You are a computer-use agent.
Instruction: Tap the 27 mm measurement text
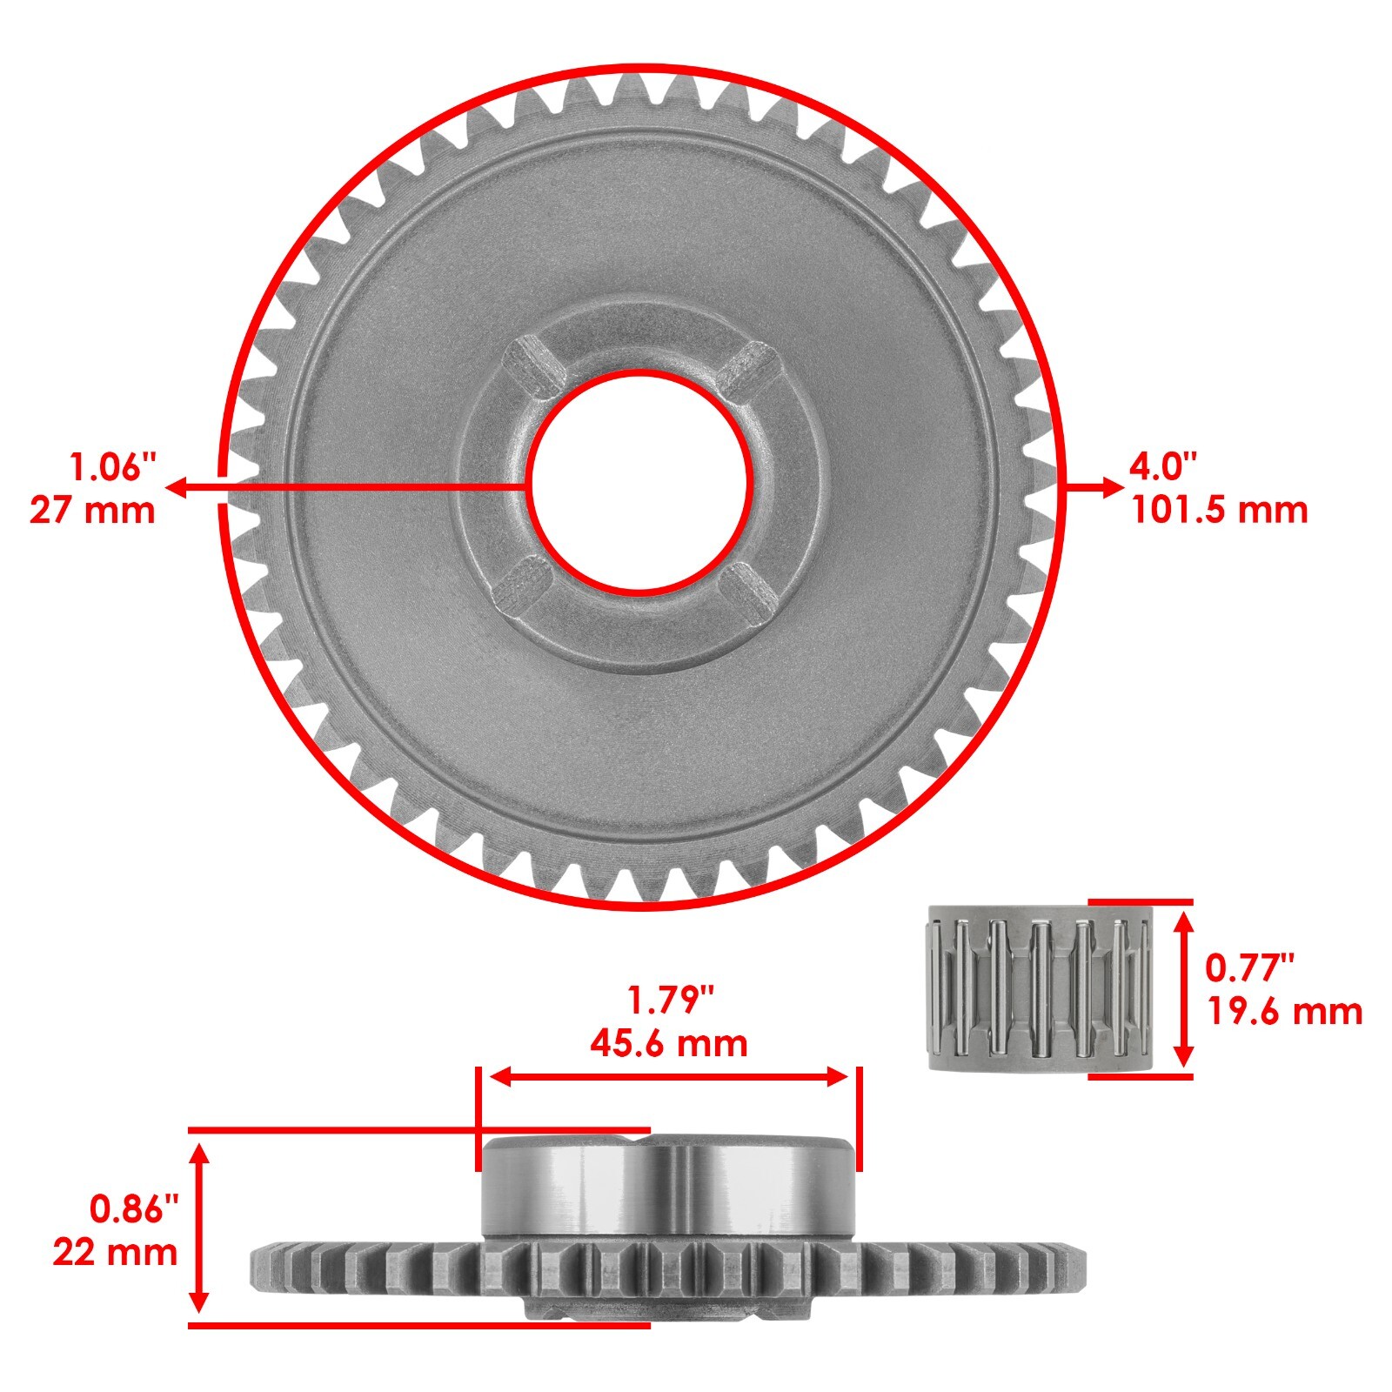(x=92, y=510)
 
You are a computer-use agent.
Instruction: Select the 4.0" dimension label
(x=1163, y=467)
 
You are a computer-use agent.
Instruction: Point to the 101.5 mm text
(x=1219, y=510)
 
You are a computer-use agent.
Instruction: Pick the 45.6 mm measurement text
(x=668, y=1043)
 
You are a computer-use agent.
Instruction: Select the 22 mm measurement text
(x=115, y=1253)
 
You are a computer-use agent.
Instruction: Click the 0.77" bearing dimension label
(x=1249, y=967)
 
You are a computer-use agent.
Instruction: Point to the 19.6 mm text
(x=1284, y=1012)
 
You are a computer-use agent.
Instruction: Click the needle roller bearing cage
(x=1037, y=988)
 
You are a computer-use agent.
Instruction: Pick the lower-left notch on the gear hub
(x=522, y=583)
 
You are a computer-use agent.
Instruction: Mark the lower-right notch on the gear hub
(x=750, y=586)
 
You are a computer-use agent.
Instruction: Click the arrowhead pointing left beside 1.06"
(x=174, y=487)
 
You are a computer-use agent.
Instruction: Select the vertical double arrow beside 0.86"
(x=200, y=1228)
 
